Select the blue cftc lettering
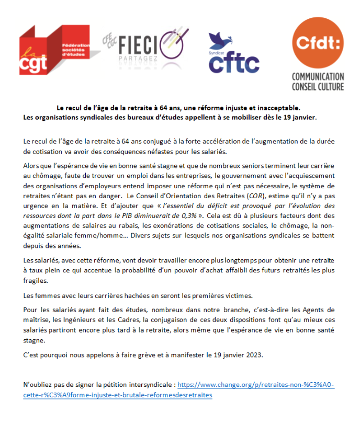click(234, 63)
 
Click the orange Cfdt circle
click(318, 42)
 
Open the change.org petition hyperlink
click(256, 385)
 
